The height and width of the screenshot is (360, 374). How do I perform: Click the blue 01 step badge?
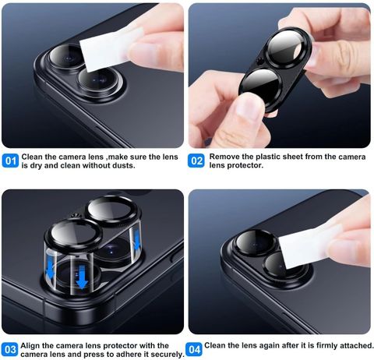point(10,161)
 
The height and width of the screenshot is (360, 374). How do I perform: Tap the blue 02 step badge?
point(196,161)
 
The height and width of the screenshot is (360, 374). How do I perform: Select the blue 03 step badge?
point(10,350)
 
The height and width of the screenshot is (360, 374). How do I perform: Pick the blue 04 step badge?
point(194,350)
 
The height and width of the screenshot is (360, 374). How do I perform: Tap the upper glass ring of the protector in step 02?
point(287,46)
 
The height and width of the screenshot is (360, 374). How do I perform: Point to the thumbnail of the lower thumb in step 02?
point(249,104)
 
